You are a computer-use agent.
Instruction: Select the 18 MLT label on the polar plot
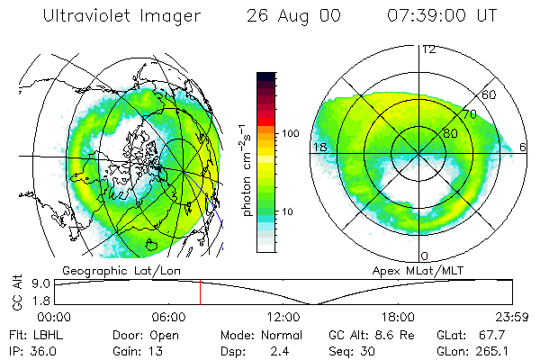click(x=319, y=147)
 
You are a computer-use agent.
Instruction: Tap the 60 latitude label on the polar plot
click(x=490, y=94)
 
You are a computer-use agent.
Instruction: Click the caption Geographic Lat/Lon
click(x=112, y=270)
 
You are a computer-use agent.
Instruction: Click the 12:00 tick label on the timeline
click(x=283, y=317)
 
